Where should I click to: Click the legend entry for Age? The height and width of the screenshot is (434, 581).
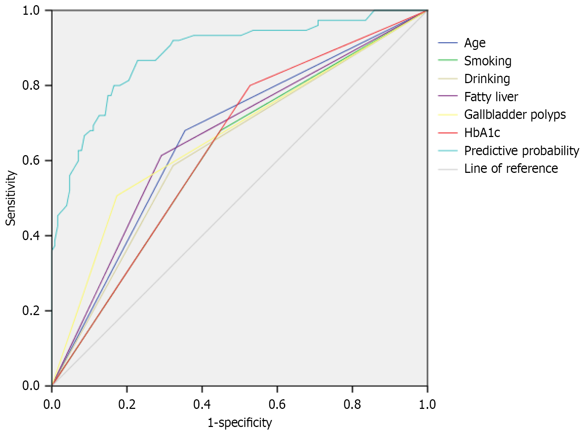475,43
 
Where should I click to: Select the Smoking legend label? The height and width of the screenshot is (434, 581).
488,61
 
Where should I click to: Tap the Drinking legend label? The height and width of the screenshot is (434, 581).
487,79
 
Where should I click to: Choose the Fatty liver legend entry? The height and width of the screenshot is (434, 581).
491,97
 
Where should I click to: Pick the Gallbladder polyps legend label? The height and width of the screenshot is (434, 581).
515,115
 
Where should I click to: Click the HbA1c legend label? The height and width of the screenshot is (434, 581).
482,133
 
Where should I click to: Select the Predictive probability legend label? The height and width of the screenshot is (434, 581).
521,151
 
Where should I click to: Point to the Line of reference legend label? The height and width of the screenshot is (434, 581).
511,168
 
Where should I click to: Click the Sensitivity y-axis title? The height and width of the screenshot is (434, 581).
10,198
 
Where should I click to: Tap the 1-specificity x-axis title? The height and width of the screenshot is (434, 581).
240,423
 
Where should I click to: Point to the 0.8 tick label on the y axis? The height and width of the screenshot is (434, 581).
31,85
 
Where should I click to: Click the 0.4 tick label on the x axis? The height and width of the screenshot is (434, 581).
202,404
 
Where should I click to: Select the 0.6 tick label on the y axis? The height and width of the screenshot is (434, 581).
31,161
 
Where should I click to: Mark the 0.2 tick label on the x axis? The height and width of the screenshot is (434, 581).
127,404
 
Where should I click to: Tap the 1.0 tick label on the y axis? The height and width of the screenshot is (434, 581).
31,10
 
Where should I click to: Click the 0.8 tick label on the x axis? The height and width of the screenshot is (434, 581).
352,404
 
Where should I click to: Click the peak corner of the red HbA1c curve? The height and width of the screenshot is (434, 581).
250,85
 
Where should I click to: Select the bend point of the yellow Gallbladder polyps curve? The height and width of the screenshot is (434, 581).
117,195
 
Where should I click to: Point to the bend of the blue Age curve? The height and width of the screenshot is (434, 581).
185,130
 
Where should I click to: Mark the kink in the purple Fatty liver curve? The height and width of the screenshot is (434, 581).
161,155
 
